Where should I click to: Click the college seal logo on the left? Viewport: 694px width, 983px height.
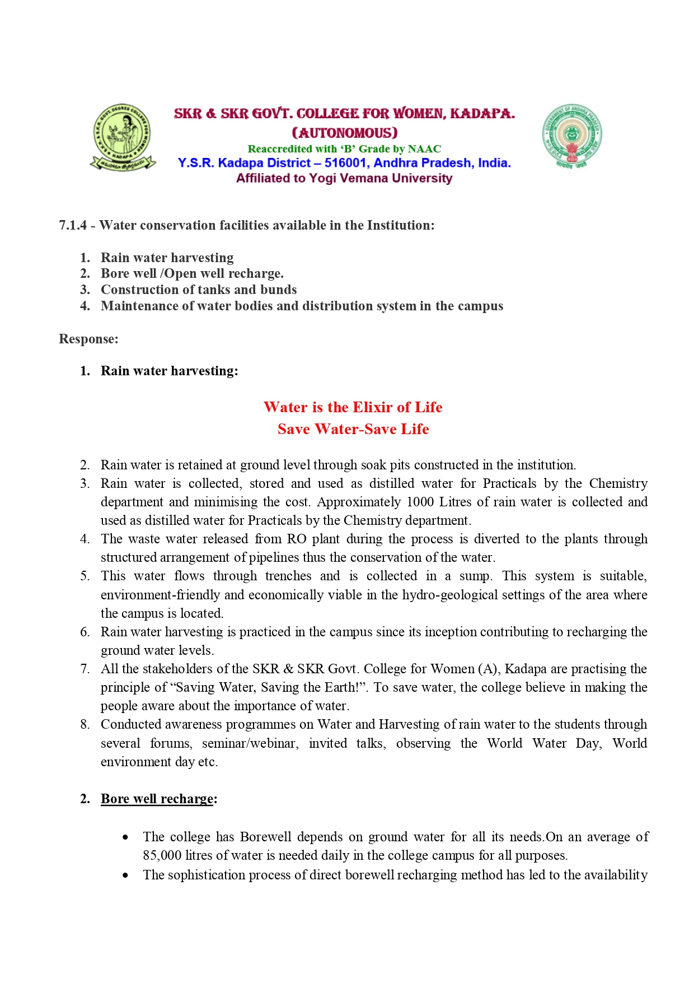[x=123, y=137]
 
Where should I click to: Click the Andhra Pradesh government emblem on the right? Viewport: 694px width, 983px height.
[x=571, y=136]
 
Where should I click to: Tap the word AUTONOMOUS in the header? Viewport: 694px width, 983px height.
[x=345, y=133]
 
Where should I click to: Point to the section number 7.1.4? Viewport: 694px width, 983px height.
[x=73, y=225]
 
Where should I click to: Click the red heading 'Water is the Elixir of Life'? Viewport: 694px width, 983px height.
[x=353, y=407]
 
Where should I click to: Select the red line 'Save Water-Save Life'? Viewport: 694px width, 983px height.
[x=353, y=429]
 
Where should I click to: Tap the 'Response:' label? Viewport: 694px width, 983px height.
[x=88, y=339]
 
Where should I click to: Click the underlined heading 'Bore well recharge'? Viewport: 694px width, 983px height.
[x=157, y=799]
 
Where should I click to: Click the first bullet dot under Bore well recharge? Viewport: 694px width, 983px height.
[x=125, y=837]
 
